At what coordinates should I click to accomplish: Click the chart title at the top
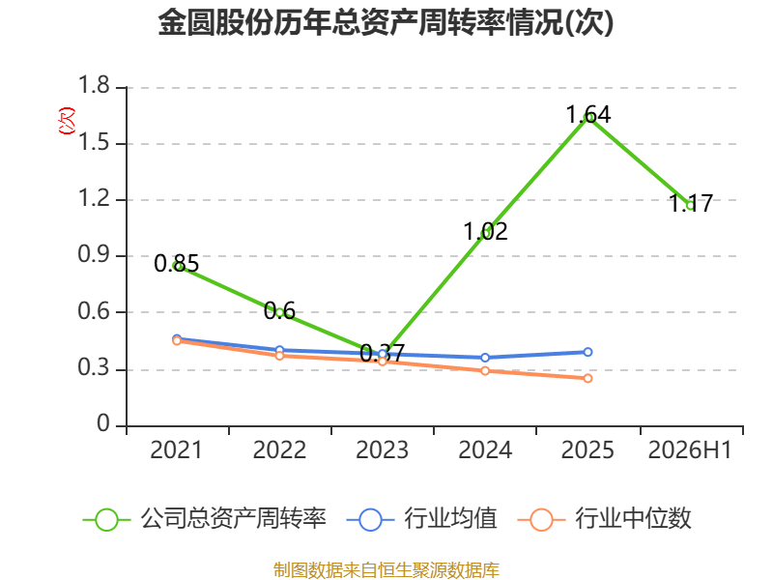coord(386,22)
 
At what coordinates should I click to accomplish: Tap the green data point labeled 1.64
coord(587,118)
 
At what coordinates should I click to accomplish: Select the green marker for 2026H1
coord(691,206)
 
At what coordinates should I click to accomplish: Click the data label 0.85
coord(176,263)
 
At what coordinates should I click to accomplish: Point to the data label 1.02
coord(485,231)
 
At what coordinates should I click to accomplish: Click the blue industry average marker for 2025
coord(587,352)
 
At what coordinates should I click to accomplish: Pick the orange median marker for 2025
coord(587,378)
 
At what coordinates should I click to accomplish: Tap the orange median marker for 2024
coord(485,370)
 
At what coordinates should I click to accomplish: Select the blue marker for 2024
coord(485,358)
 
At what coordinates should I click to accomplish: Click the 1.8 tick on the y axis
coord(94,85)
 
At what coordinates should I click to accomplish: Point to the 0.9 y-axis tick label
coord(94,254)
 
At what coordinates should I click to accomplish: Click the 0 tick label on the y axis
coord(103,423)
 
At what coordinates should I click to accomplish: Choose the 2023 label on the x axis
coord(382,450)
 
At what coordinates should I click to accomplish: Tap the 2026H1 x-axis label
coord(690,450)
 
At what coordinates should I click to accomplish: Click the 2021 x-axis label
coord(176,450)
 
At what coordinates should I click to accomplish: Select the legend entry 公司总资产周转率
coord(204,519)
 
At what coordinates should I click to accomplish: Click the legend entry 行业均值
coord(422,519)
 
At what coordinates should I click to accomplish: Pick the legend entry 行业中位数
coord(605,519)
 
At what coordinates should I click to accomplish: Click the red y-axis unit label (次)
coord(67,121)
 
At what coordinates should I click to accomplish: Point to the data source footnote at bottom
coord(386,570)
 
